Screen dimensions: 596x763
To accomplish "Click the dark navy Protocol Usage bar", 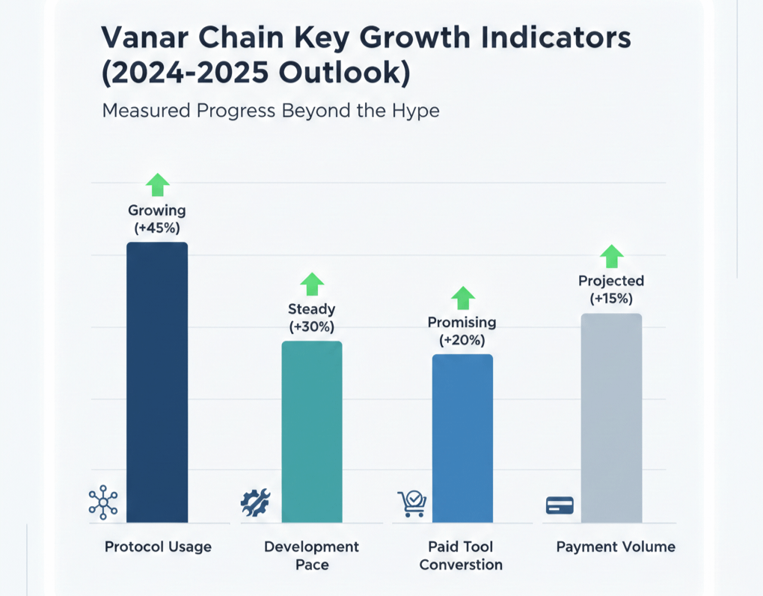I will pos(157,382).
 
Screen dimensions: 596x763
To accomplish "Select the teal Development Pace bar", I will pos(312,431).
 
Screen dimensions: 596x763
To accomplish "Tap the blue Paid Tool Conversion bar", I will pos(462,438).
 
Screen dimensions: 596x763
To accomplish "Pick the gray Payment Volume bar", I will pos(611,418).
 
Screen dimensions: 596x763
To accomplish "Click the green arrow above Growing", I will pos(157,184).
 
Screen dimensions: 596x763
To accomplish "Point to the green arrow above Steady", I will pos(312,284).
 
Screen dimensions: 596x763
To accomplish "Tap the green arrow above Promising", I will pos(463,298).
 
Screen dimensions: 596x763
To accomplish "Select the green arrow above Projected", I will pos(611,256).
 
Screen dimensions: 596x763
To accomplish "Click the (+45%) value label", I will pos(157,228).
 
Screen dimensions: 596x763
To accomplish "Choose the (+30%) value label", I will pos(311,326).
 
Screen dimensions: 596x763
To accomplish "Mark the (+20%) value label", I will pos(462,340).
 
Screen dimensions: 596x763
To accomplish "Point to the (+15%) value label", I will pos(611,299).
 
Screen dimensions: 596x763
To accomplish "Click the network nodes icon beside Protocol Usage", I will pos(102,502).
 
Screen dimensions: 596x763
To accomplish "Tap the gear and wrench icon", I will pos(255,502).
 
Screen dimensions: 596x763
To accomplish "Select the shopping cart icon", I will pos(411,503).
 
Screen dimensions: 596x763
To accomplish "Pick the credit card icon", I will pos(560,505).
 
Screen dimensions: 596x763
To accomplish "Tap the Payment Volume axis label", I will pos(616,547).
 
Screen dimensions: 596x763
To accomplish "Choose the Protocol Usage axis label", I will pos(158,547).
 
